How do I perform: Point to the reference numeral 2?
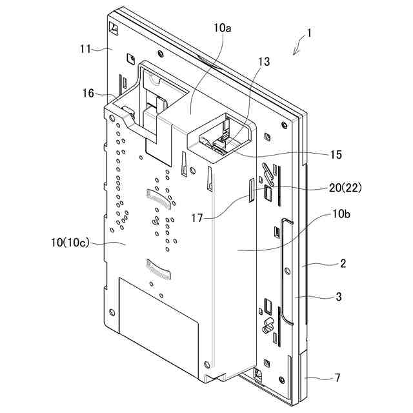tap(343, 263)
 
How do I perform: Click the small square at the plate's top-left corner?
tap(114, 29)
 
